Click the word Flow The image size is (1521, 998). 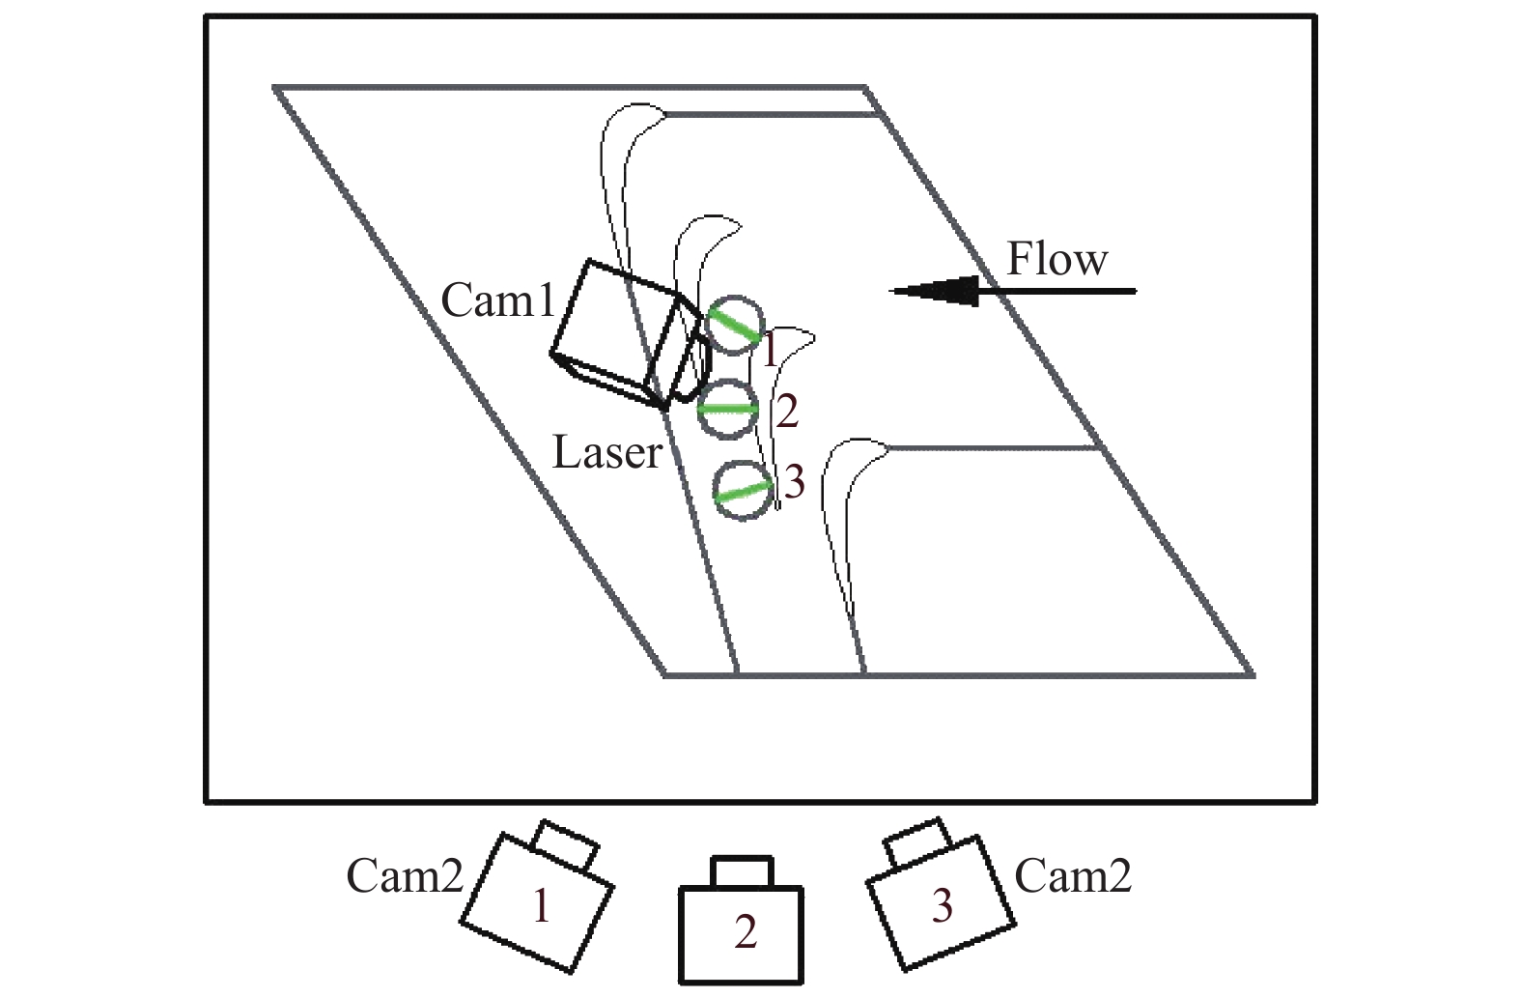pyautogui.click(x=1056, y=259)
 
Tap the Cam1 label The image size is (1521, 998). pyautogui.click(x=498, y=300)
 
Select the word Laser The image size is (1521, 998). pyautogui.click(x=607, y=451)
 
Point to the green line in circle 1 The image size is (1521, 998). pyautogui.click(x=735, y=325)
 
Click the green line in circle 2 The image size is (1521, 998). pyautogui.click(x=728, y=409)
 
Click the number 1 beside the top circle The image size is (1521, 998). pyautogui.click(x=770, y=352)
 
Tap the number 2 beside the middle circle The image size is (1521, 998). pyautogui.click(x=787, y=413)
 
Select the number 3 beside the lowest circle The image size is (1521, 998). pyautogui.click(x=793, y=482)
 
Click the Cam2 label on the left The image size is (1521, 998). pyautogui.click(x=405, y=876)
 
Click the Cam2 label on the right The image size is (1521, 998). pyautogui.click(x=1073, y=876)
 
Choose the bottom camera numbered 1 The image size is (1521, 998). pyautogui.click(x=537, y=904)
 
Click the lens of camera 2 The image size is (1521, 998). pyautogui.click(x=742, y=870)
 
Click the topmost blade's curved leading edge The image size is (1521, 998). pyautogui.click(x=633, y=121)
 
